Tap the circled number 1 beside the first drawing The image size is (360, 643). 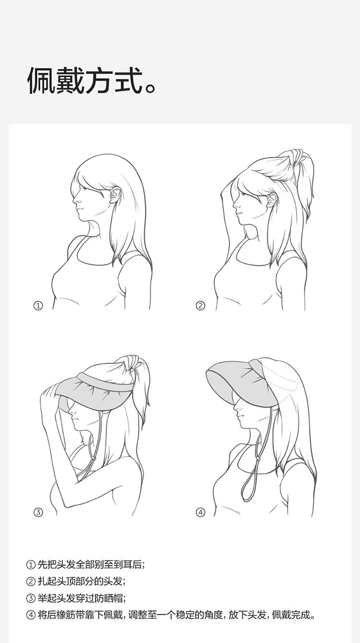pyautogui.click(x=38, y=305)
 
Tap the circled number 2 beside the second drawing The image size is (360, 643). pyautogui.click(x=200, y=305)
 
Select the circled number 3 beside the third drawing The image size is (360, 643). pyautogui.click(x=38, y=512)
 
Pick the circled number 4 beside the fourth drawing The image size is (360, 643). pyautogui.click(x=200, y=512)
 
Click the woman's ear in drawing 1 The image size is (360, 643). pyautogui.click(x=115, y=195)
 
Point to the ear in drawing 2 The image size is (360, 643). pyautogui.click(x=272, y=200)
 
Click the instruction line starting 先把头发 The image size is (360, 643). pyautogui.click(x=85, y=565)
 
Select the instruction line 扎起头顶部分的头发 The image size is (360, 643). pyautogui.click(x=76, y=581)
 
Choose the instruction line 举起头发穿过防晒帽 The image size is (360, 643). pyautogui.click(x=76, y=598)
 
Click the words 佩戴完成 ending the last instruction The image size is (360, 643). pyautogui.click(x=290, y=615)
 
